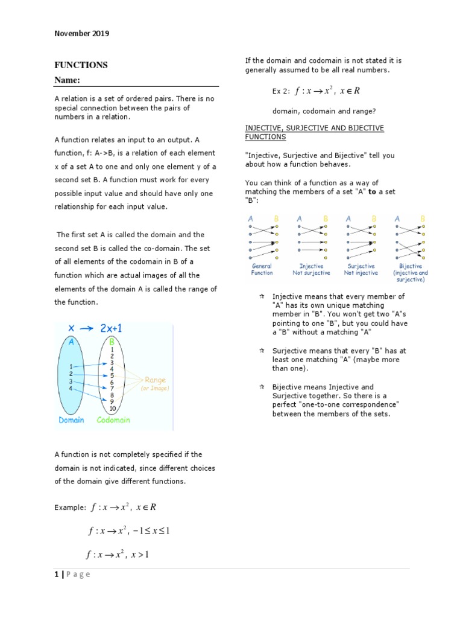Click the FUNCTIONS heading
tap(81, 65)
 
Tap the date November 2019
tap(82, 34)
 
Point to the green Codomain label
tap(113, 420)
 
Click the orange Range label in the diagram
tap(155, 380)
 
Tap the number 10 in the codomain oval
tap(112, 409)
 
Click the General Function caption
tap(262, 269)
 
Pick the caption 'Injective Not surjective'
tap(311, 269)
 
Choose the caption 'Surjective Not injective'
tap(361, 269)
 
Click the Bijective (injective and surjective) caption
tap(410, 273)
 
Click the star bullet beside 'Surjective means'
tap(262, 350)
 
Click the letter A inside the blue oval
tap(72, 342)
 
